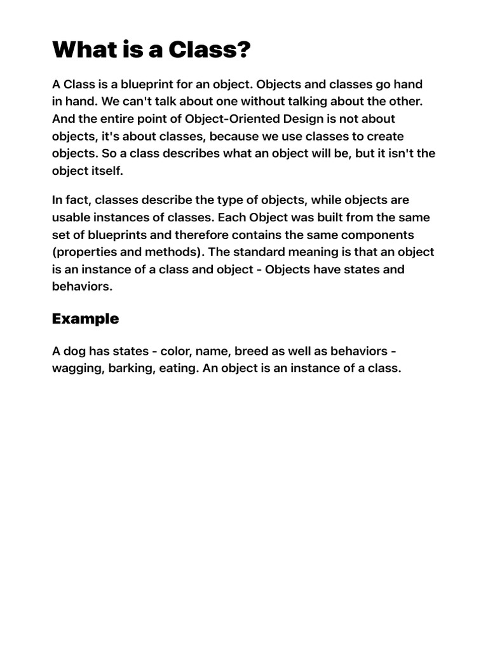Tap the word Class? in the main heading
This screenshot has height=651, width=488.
[x=209, y=50]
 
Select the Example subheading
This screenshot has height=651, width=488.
[x=85, y=319]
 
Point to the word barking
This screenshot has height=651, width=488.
[x=129, y=369]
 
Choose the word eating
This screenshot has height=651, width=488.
[x=179, y=369]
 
